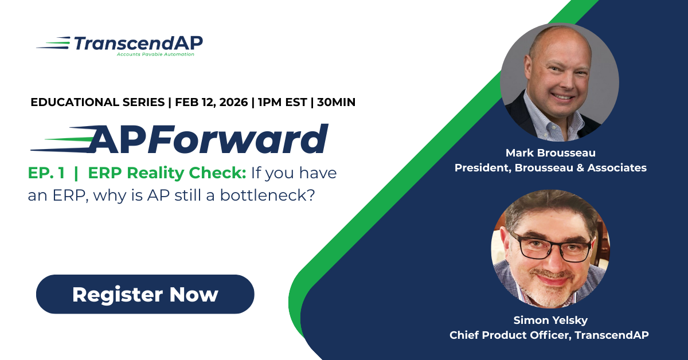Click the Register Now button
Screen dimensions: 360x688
[145, 294]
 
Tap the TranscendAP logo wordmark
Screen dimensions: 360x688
[138, 43]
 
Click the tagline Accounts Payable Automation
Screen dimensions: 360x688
[155, 54]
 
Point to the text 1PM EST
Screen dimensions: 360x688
[282, 103]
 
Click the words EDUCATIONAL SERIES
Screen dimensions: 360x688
[96, 103]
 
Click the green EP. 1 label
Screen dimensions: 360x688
[46, 173]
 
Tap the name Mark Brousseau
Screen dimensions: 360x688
[550, 152]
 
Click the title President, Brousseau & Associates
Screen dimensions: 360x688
[550, 168]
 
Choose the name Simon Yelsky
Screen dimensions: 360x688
[550, 320]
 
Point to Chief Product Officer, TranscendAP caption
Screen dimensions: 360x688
[550, 335]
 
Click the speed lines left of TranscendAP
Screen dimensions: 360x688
[54, 42]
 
